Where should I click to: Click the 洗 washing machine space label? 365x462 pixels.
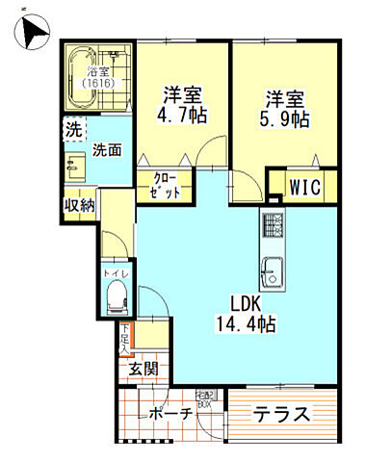click(x=73, y=129)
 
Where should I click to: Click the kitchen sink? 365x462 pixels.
click(x=273, y=274)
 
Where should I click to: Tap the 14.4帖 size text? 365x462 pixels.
click(x=245, y=324)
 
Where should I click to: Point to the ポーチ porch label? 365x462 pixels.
click(x=171, y=415)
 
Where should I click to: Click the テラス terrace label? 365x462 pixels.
click(x=281, y=415)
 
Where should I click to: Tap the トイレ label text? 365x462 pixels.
click(x=113, y=273)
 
